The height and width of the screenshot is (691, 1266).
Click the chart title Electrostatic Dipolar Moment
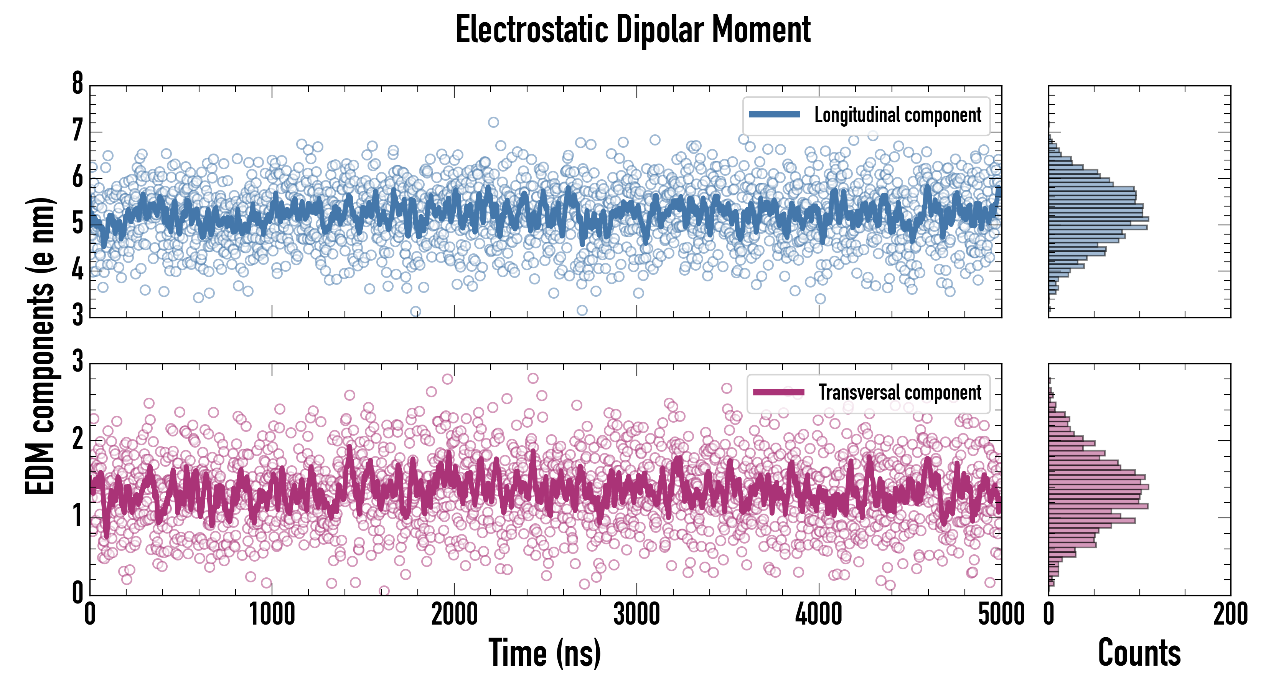click(633, 30)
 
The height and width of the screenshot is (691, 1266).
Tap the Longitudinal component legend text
click(897, 115)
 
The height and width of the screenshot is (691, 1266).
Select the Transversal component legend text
click(900, 392)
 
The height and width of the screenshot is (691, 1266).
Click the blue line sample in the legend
click(775, 115)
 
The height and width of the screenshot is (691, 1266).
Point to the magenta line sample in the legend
click(778, 392)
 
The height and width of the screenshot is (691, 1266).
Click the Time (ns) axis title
click(544, 653)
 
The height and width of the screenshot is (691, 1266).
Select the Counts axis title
click(1139, 653)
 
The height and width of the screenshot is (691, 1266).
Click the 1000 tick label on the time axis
click(272, 615)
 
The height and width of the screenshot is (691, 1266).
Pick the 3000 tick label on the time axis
click(636, 615)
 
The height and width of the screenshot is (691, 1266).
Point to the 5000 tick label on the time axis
click(1001, 615)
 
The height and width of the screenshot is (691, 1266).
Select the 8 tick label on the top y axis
click(77, 84)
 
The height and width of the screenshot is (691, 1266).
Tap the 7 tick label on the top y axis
click(77, 131)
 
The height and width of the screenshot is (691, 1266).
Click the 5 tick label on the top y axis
click(77, 224)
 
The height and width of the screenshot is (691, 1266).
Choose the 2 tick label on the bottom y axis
click(77, 439)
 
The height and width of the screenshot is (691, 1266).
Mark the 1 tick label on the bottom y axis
click(77, 516)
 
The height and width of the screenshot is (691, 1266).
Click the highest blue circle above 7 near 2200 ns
click(493, 122)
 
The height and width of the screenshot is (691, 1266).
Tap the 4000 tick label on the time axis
click(819, 615)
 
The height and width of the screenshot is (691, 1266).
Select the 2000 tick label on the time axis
click(454, 615)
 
